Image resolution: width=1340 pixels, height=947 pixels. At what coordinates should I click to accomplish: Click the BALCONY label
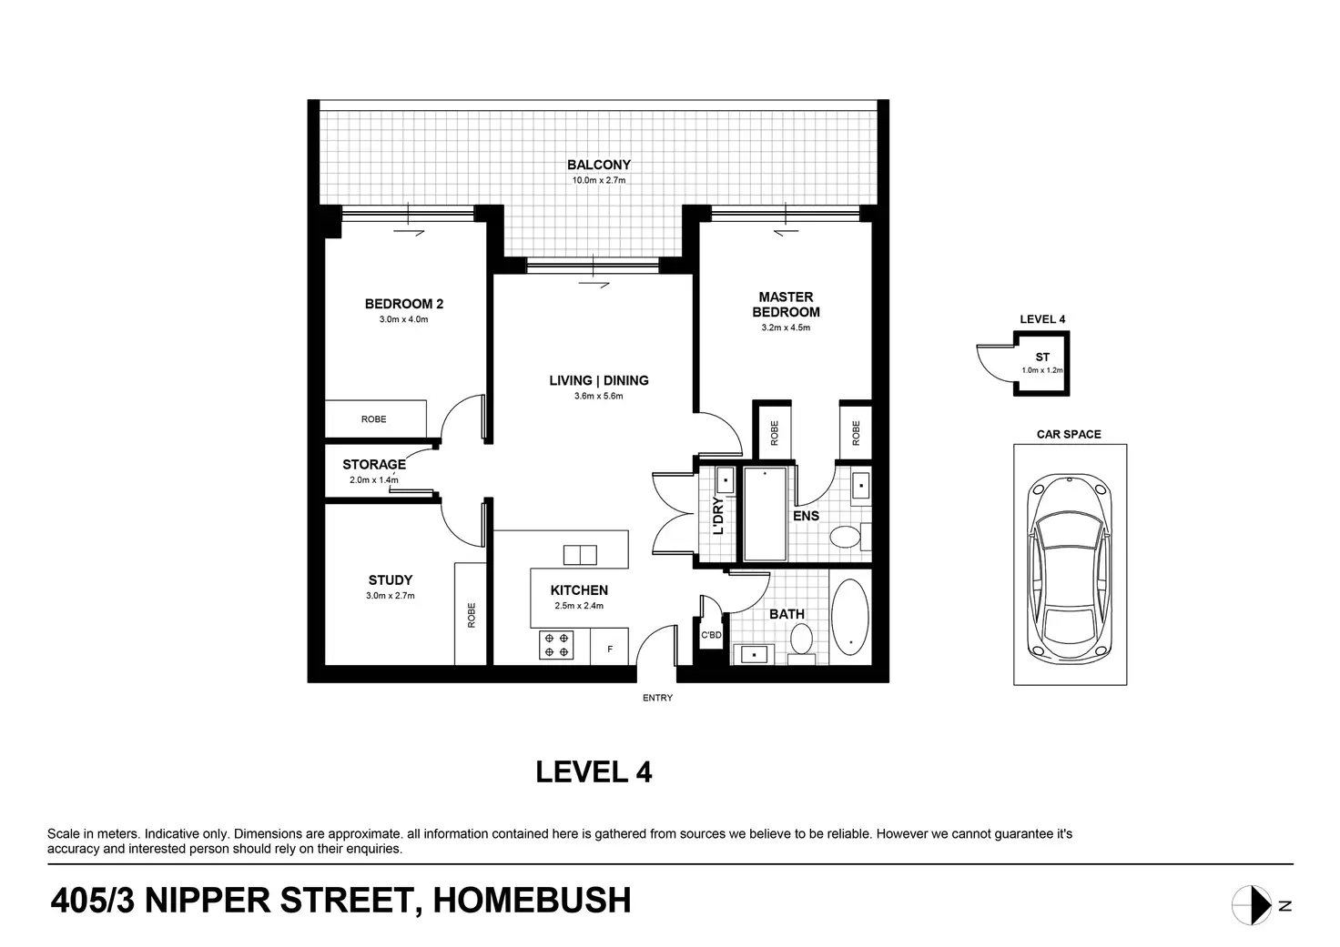point(599,165)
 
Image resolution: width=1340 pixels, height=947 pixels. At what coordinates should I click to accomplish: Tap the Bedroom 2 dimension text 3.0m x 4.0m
point(404,319)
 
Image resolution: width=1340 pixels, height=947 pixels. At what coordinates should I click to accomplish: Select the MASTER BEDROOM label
point(786,305)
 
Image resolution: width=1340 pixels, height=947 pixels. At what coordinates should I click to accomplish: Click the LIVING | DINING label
point(599,380)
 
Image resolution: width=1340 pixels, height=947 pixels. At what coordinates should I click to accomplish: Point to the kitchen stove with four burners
point(556,645)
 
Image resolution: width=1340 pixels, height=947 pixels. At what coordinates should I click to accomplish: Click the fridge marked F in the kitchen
point(609,646)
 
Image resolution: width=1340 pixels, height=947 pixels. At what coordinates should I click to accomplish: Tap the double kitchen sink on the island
point(580,555)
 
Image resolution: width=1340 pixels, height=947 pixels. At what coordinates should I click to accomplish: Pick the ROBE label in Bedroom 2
point(374,419)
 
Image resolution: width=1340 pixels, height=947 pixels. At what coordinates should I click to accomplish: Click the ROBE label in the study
point(472,615)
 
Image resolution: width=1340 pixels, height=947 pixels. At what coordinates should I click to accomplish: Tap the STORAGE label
point(374,464)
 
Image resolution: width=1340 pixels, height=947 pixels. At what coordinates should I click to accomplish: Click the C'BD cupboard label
point(711,634)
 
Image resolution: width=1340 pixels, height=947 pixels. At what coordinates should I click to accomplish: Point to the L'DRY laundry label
point(718,516)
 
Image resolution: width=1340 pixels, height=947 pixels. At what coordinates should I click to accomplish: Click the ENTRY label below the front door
point(657,698)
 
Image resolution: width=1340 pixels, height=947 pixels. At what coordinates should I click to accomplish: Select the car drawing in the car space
point(1070,568)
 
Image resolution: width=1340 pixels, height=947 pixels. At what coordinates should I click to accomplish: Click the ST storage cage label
point(1042,357)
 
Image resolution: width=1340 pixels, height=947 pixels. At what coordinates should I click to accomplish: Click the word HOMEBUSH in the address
point(532,901)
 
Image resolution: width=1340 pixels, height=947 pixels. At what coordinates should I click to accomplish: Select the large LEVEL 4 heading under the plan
point(594,771)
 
